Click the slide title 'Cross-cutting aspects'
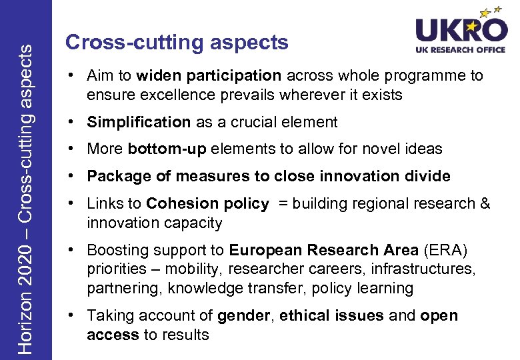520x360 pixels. point(177,43)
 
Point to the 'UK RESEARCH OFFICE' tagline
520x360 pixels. point(460,50)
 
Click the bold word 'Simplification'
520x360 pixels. point(139,122)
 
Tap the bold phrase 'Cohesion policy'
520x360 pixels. point(207,203)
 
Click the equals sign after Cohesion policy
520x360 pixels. point(283,203)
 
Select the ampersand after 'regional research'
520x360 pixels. point(485,203)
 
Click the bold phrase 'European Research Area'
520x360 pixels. point(323,251)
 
